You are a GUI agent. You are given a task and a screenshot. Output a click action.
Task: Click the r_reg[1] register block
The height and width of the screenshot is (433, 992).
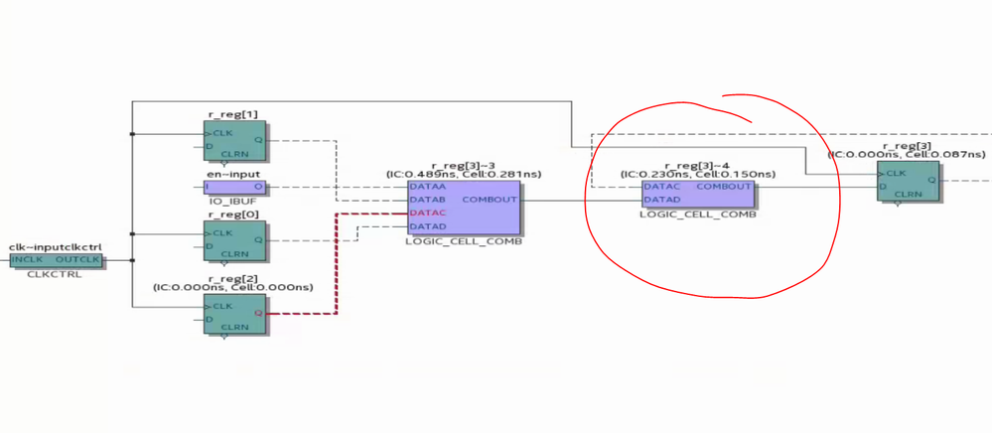[234, 140]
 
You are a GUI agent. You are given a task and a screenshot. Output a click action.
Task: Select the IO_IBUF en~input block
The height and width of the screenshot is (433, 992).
[234, 186]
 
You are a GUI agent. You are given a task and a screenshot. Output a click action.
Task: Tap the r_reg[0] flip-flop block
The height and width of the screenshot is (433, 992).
[234, 240]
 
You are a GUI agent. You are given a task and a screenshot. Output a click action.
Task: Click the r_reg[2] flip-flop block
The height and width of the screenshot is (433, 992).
[234, 312]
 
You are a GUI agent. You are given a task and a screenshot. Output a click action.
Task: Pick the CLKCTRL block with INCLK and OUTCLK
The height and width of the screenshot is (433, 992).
[56, 260]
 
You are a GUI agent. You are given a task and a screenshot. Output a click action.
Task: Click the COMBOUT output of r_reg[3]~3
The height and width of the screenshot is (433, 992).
[491, 200]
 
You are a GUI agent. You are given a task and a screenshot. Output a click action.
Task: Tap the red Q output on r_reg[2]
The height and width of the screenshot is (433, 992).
[258, 313]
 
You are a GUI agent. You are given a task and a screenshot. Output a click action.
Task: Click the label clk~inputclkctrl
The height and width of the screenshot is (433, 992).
[56, 246]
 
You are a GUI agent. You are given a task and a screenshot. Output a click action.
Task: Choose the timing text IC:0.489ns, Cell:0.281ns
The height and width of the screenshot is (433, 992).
[464, 174]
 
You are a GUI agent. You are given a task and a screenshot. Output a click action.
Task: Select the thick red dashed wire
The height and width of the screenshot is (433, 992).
[337, 268]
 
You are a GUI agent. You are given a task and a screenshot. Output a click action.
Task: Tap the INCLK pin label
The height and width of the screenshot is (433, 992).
[29, 260]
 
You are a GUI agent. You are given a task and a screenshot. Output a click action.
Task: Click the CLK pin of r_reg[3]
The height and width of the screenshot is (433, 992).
[897, 173]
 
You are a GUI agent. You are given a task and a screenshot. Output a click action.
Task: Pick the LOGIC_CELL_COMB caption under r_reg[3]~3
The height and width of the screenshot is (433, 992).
[464, 241]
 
